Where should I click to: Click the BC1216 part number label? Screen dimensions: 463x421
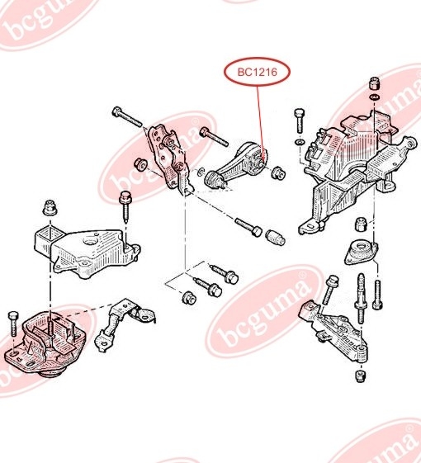[x=256, y=73]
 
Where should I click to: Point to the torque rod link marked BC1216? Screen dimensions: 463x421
[x=241, y=163]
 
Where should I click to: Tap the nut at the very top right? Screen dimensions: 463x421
[x=373, y=83]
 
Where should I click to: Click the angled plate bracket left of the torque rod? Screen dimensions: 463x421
[x=169, y=157]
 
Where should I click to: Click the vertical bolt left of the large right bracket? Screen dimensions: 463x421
[x=298, y=120]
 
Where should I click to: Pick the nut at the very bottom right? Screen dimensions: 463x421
[x=360, y=376]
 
